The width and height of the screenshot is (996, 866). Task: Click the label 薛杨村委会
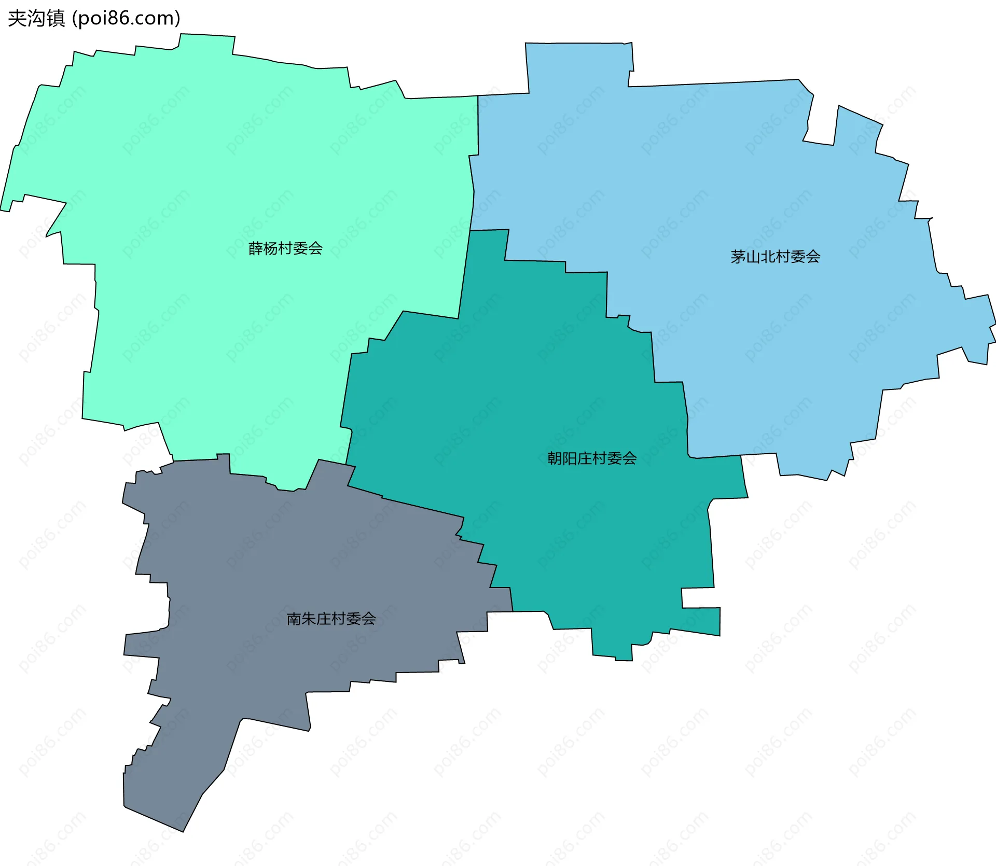[285, 248]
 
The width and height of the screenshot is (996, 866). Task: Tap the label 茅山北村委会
[775, 257]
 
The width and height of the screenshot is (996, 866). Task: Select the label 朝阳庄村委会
[592, 458]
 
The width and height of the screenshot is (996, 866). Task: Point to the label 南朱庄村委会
[331, 619]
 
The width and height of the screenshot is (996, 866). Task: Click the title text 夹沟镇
[36, 18]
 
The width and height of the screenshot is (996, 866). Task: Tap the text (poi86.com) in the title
[126, 18]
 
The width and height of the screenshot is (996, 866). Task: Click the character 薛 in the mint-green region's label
[256, 248]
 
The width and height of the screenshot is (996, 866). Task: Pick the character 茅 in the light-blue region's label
[738, 257]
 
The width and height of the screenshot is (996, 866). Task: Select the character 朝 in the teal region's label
[555, 458]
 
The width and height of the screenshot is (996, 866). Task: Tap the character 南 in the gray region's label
[294, 619]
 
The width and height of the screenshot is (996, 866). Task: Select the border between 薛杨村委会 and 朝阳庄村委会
[464, 275]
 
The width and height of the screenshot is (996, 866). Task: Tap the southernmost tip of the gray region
[183, 831]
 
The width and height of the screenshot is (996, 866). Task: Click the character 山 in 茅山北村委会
[753, 257]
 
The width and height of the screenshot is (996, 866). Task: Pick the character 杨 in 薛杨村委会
[270, 248]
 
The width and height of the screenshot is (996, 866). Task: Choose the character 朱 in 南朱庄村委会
[309, 619]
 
